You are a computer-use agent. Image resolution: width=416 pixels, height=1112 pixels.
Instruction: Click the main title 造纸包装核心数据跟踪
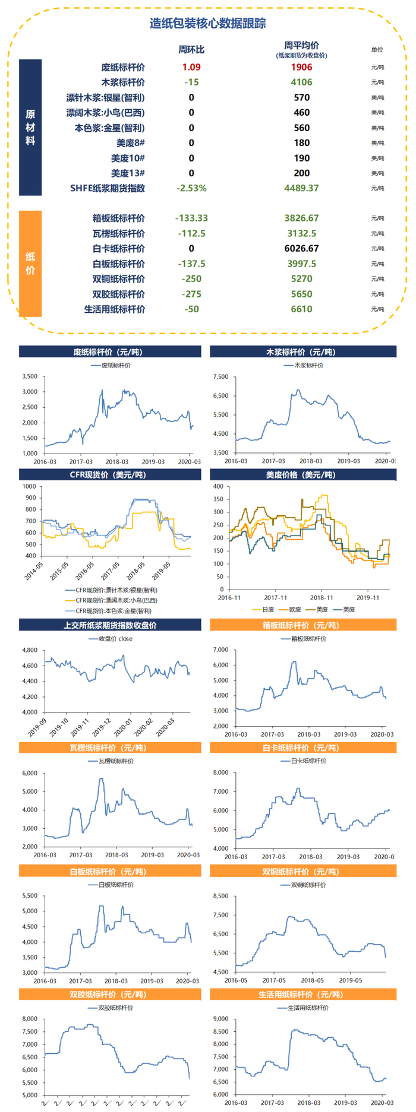coord(207,24)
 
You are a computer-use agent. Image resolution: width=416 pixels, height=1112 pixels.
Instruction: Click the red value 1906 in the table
coord(301,67)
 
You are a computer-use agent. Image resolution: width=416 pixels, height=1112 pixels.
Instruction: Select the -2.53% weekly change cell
coord(191,188)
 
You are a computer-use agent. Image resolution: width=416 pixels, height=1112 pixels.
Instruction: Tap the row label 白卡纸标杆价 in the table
coord(118,249)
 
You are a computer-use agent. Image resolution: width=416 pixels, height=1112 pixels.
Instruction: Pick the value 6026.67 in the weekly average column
coord(301,249)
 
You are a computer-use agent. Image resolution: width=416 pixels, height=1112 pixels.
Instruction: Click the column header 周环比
coord(191,49)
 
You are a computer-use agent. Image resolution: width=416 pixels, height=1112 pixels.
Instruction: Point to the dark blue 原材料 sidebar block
coord(30,127)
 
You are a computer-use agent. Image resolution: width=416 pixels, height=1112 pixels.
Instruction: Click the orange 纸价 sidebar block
coord(30,263)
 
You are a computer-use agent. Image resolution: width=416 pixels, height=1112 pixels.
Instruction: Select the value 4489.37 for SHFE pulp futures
coord(301,188)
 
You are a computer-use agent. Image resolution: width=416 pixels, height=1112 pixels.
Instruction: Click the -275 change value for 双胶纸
coord(191,294)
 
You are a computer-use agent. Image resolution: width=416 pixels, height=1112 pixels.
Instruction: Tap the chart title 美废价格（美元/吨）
coord(302,475)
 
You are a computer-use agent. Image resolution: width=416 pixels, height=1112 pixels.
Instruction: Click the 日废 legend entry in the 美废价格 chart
coord(264,609)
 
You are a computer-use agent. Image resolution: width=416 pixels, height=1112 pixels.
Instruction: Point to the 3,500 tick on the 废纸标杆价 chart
coord(30,376)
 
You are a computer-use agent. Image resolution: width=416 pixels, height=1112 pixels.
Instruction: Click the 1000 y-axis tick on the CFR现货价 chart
coord(29,486)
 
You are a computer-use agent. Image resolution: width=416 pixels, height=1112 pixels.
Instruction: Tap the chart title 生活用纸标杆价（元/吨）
coord(302,994)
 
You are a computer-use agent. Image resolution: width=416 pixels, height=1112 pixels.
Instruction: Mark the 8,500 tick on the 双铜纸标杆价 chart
coord(220,896)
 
